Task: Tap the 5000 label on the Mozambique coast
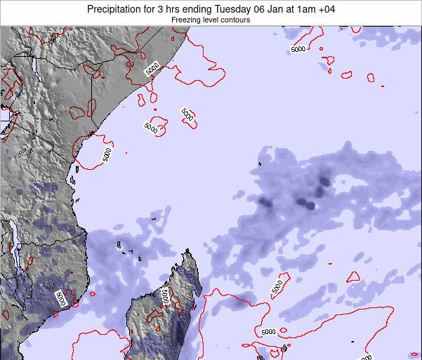click(60, 299)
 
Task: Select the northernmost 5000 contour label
click(298, 49)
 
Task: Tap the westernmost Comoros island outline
click(120, 245)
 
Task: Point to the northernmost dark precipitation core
click(324, 180)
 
